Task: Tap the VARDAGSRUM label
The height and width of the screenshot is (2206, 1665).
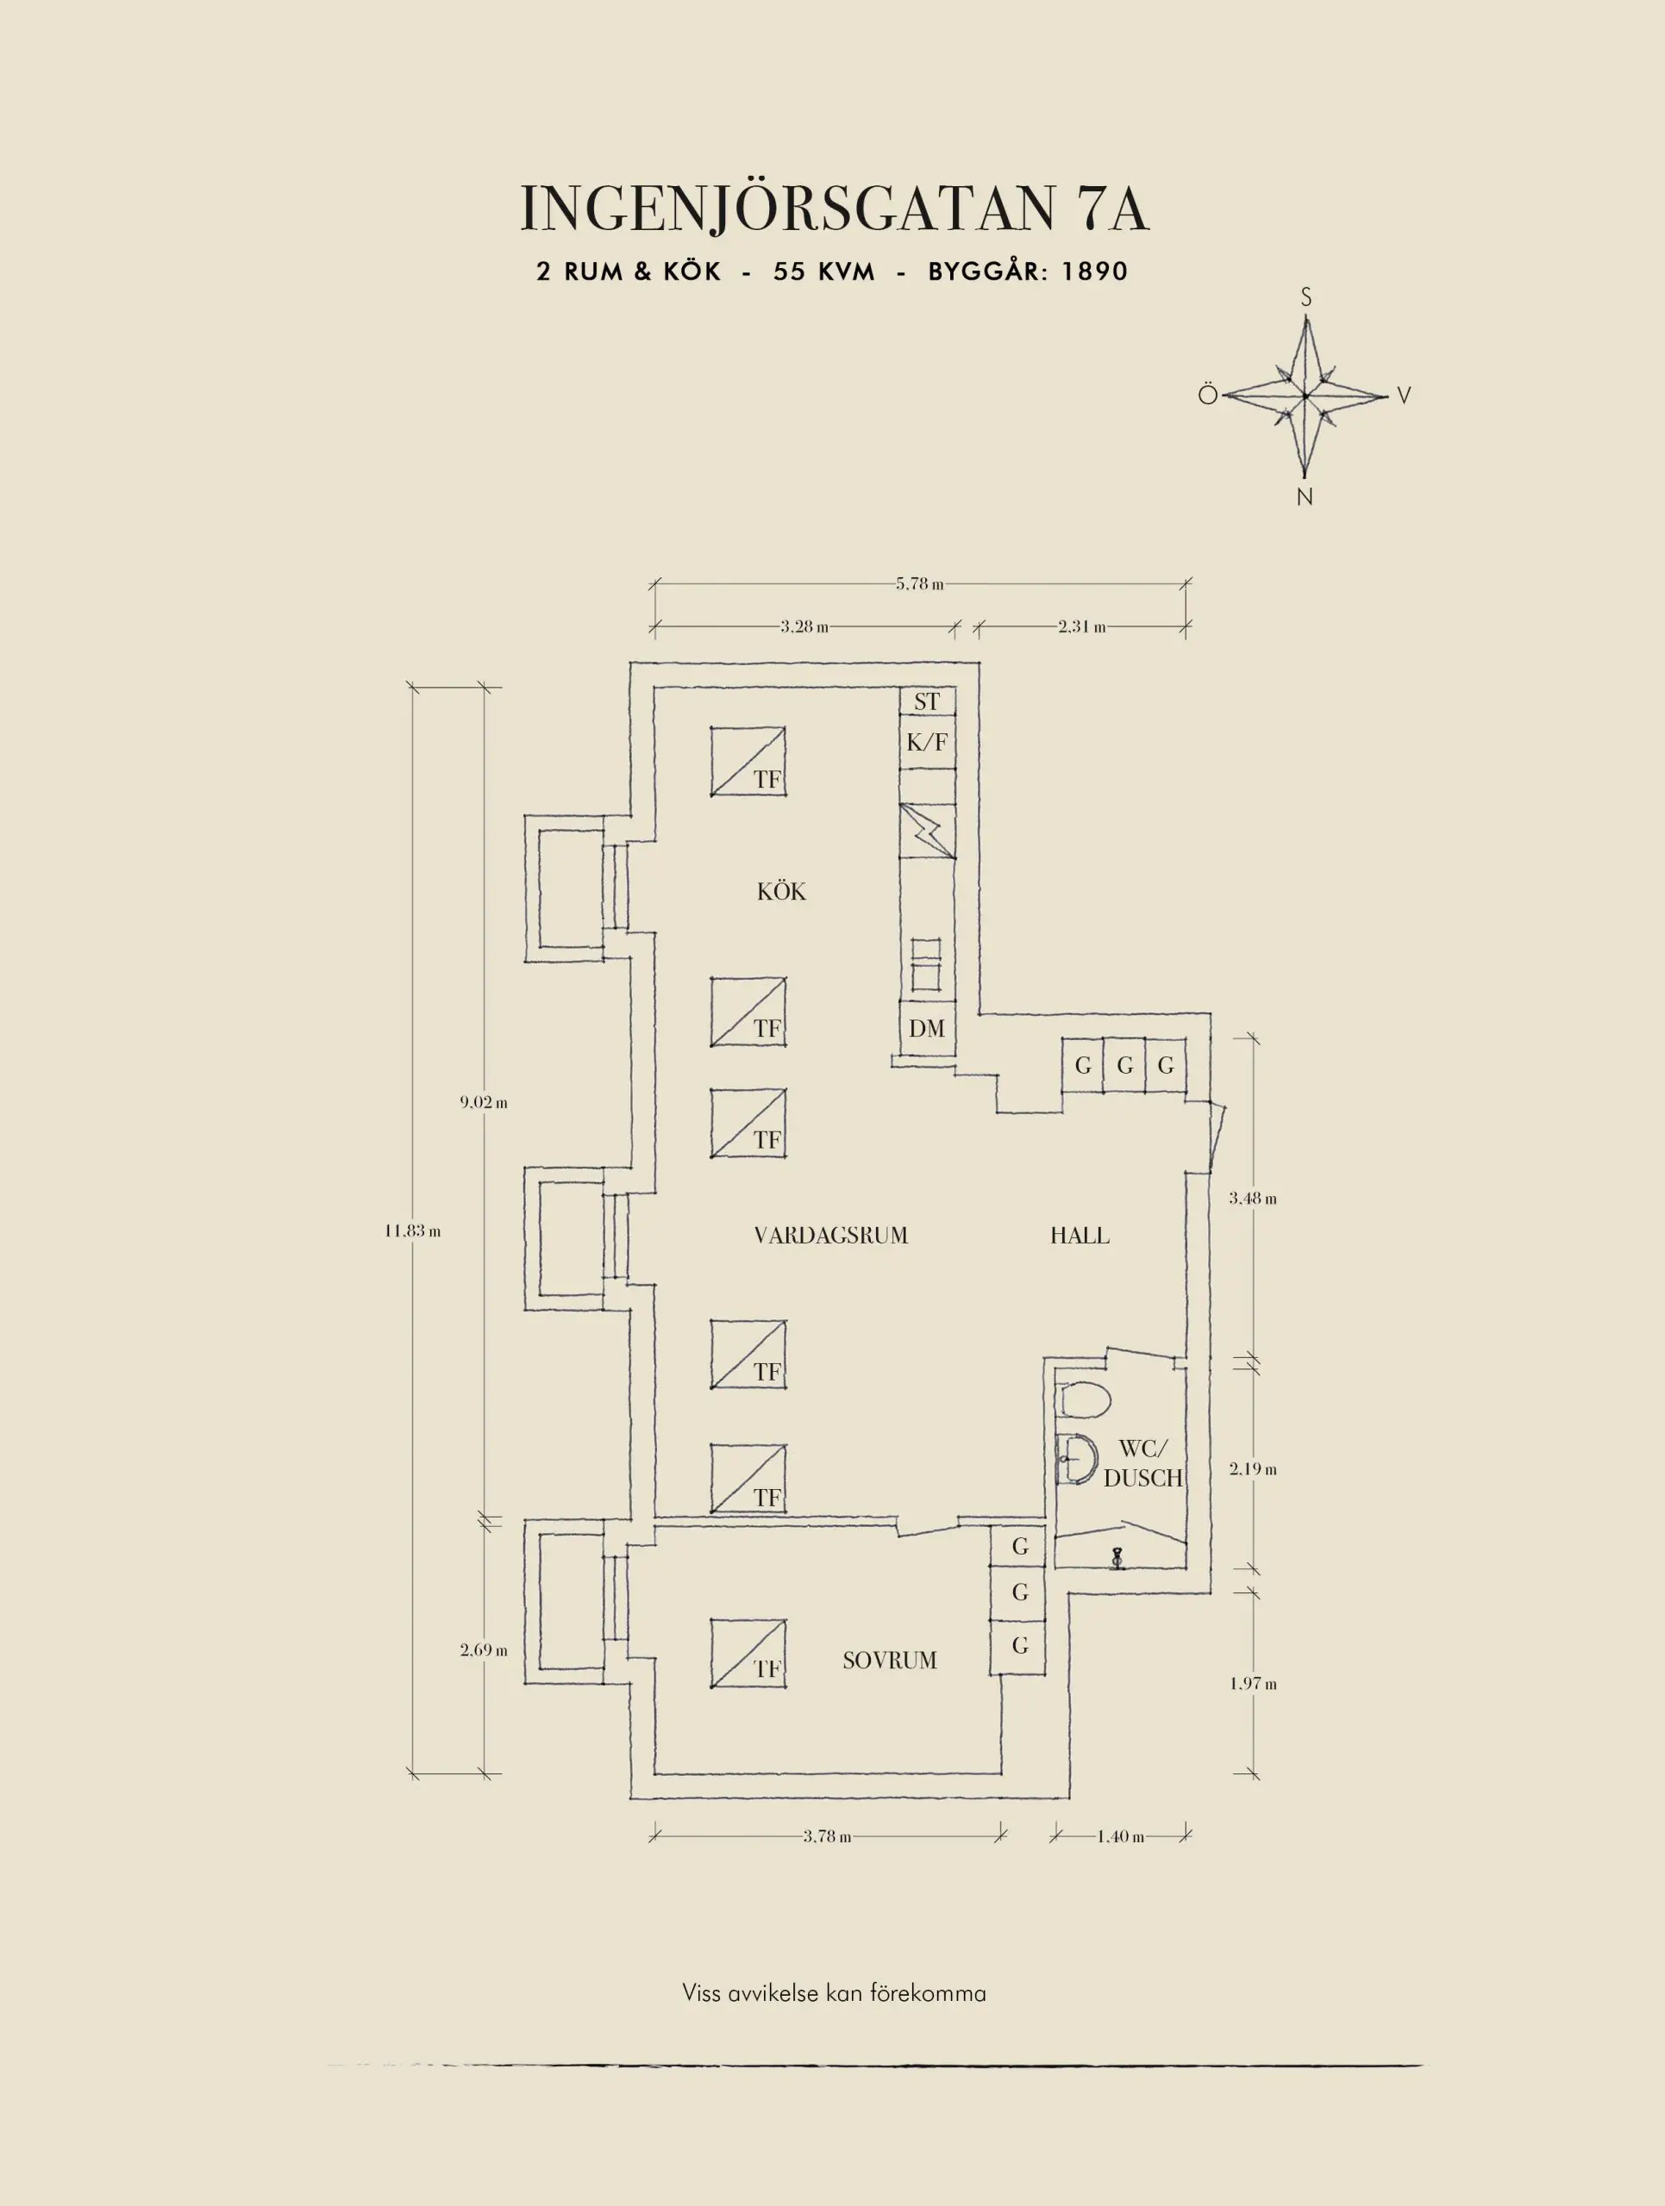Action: (831, 1236)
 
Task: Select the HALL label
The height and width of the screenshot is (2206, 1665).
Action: (1080, 1236)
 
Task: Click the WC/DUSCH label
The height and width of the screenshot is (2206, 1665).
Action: (1143, 1464)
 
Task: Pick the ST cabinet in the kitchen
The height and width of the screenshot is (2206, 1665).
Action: (927, 701)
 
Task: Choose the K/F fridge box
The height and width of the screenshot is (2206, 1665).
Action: (927, 742)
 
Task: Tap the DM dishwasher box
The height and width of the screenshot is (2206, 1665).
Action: (927, 1028)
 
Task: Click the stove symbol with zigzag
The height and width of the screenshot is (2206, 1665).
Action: (927, 831)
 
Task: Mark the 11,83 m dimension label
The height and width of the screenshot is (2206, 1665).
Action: (413, 1231)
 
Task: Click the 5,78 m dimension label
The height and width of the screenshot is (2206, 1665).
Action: (920, 583)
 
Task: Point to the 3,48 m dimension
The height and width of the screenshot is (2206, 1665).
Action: (1253, 1198)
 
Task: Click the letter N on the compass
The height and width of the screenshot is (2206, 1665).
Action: (1305, 496)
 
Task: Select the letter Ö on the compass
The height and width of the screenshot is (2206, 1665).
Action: (1208, 395)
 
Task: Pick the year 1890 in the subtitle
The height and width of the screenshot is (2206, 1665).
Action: (1094, 271)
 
